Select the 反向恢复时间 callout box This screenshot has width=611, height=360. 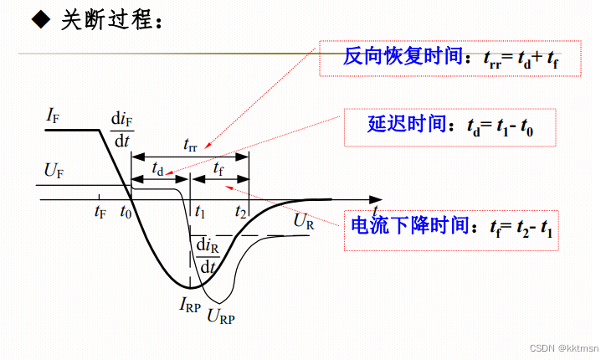click(x=450, y=57)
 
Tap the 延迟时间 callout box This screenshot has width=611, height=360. click(x=451, y=127)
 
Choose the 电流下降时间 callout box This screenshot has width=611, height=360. click(x=450, y=226)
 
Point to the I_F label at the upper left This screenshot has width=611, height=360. click(x=52, y=116)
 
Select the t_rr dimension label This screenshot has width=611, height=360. click(x=191, y=144)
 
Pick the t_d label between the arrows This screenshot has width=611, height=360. click(x=157, y=168)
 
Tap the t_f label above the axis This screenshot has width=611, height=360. click(x=218, y=168)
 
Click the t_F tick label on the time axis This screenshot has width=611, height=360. click(x=100, y=212)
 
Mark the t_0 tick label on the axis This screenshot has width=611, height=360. click(x=126, y=212)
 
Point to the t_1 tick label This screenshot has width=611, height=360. click(x=199, y=212)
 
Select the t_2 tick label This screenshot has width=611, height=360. click(x=240, y=212)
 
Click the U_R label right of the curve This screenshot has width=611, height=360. click(x=303, y=222)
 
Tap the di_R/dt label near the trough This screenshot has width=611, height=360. click(x=206, y=255)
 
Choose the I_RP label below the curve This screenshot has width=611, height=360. click(x=190, y=305)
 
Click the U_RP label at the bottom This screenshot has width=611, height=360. click(x=221, y=316)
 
